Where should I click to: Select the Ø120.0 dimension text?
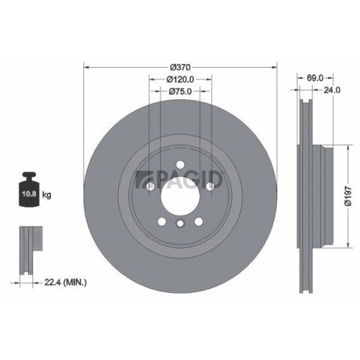pos(180,79)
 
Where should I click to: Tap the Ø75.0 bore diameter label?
pos(180,91)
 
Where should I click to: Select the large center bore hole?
pos(180,192)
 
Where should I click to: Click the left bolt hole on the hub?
pos(149,186)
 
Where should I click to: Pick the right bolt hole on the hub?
pos(211,186)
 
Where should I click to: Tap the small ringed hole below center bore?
pos(180,225)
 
